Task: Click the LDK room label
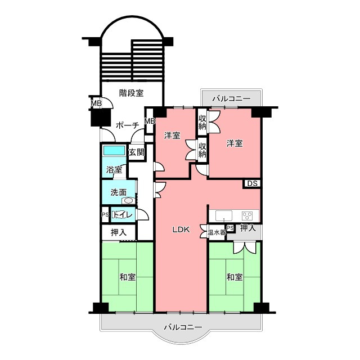pos(181,229)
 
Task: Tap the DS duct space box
pos(252,184)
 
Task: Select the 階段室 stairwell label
pos(131,93)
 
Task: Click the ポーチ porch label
pos(128,125)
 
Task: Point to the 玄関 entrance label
pos(136,152)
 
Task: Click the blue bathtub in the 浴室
pos(114,151)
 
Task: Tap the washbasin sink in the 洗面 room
pos(128,201)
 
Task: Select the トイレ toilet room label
pos(123,215)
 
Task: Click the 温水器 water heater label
pos(217,232)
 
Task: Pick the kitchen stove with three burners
pos(247,216)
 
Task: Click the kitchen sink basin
pos(224,216)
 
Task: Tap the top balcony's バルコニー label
pos(231,99)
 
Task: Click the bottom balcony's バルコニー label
pos(183,327)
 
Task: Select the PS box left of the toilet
pos(105,215)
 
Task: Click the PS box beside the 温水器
pos(230,228)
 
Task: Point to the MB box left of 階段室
pos(96,103)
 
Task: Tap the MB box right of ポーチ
pos(150,121)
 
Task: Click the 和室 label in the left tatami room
pos(128,277)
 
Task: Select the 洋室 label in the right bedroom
pos(235,143)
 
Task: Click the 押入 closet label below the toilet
pos(119,232)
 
